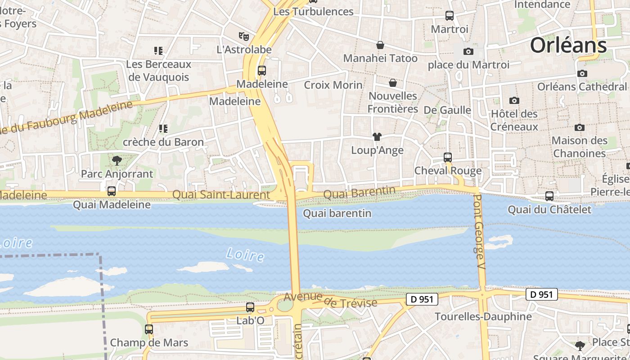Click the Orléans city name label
[568, 45]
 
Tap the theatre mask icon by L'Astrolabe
[244, 36]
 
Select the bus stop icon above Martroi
[449, 16]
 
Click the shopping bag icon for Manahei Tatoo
[380, 45]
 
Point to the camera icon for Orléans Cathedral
[582, 73]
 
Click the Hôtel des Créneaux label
[514, 120]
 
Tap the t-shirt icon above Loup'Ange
[377, 137]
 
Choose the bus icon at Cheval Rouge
[448, 157]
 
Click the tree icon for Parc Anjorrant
[117, 160]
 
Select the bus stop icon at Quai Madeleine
[112, 191]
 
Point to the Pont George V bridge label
[480, 232]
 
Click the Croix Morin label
[333, 85]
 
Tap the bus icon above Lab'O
[250, 307]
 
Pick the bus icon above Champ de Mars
[149, 329]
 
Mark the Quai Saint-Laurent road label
[221, 195]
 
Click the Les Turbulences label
[313, 12]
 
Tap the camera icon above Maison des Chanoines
[580, 128]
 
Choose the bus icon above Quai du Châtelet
[549, 196]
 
